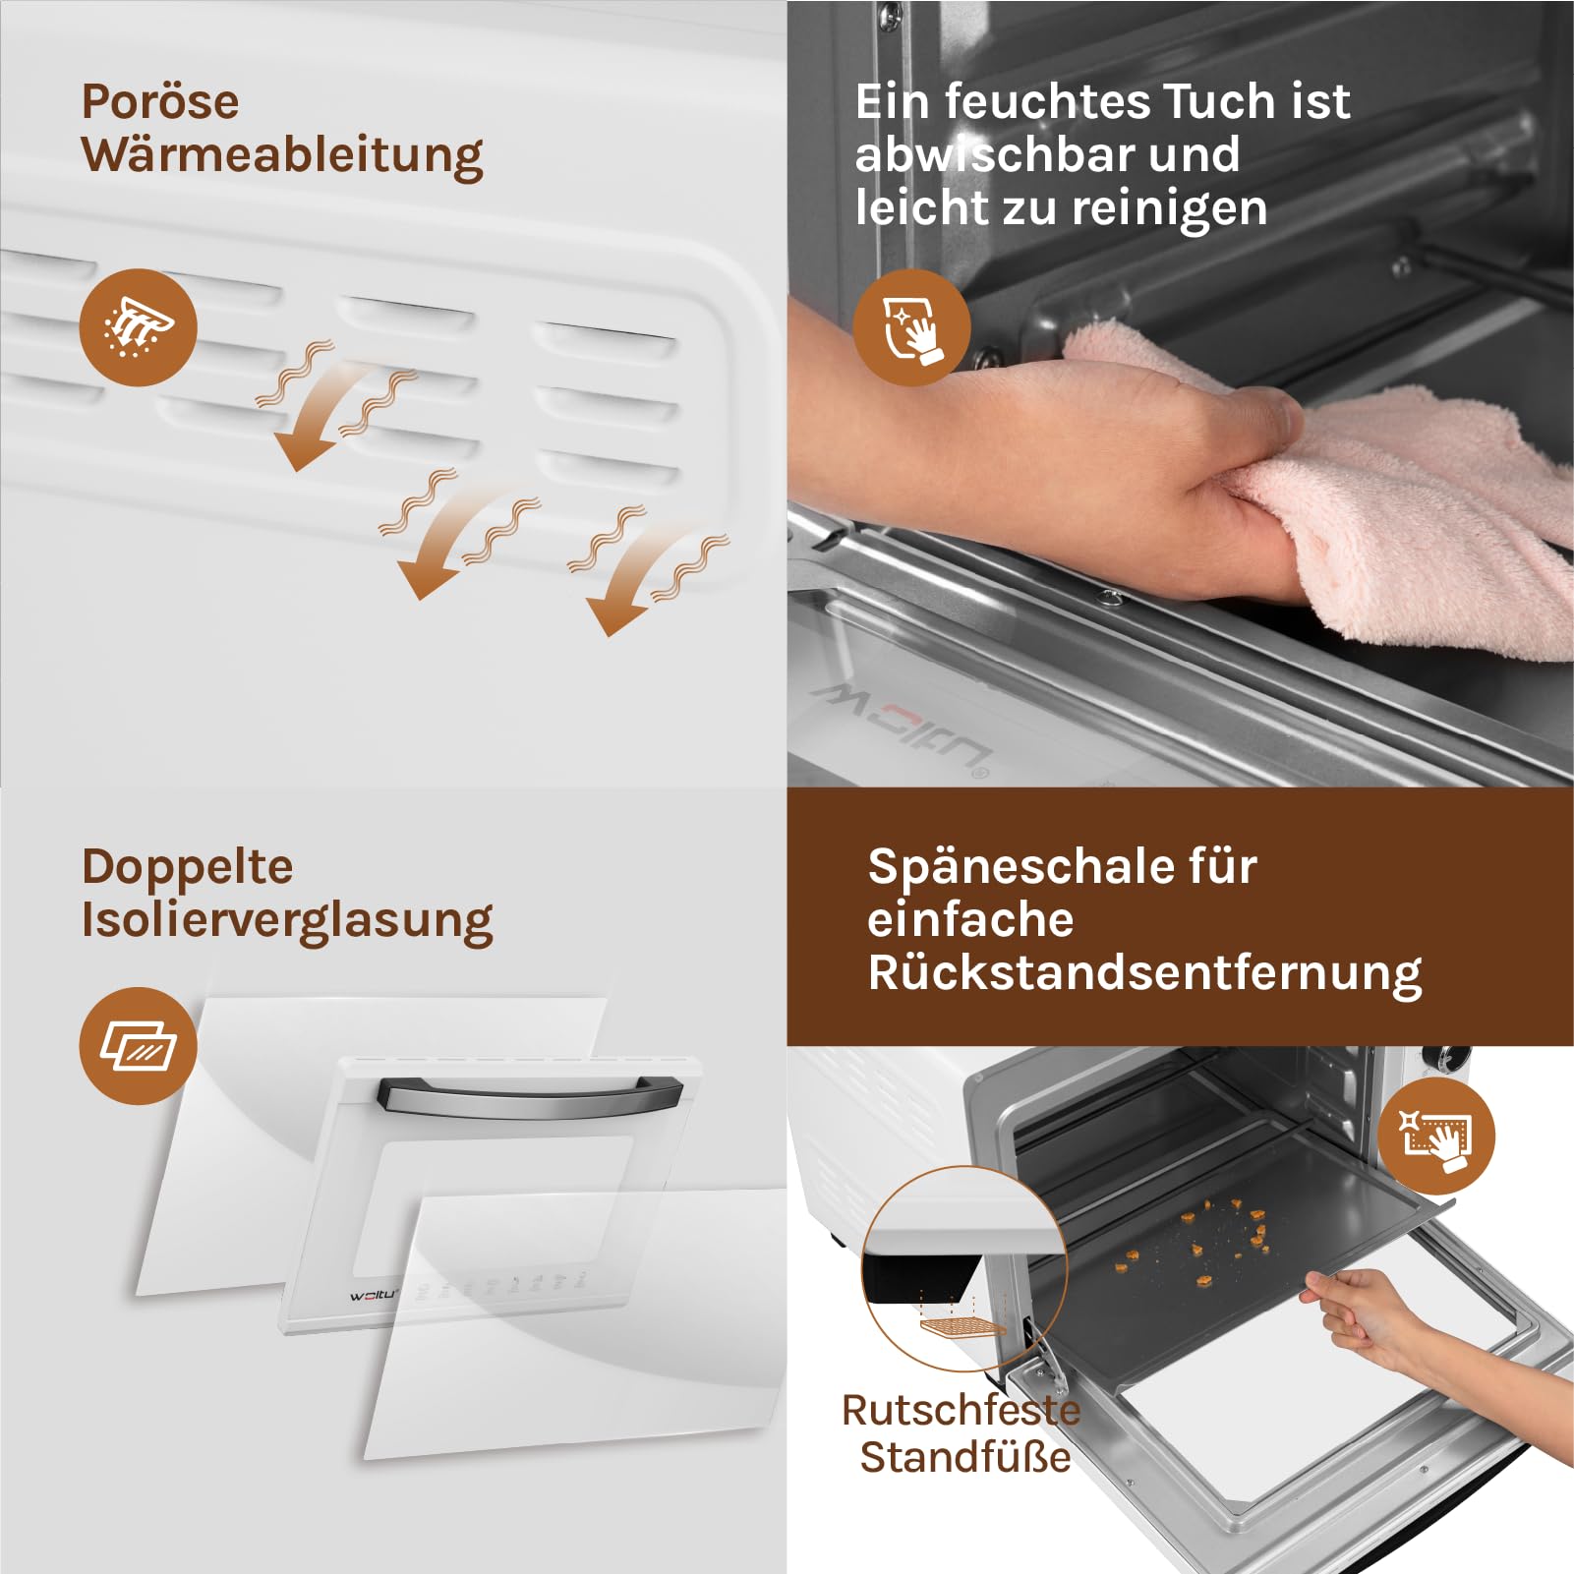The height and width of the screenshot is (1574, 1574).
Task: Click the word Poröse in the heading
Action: [160, 101]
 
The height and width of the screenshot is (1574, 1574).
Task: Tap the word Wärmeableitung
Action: [282, 156]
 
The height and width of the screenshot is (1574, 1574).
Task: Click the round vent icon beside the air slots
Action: [138, 327]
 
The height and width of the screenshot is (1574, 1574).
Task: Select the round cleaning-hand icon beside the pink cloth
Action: [911, 327]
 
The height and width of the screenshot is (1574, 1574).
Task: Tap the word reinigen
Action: [1169, 208]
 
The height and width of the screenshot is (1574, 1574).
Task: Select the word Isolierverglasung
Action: [287, 921]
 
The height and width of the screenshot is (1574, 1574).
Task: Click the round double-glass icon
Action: [138, 1046]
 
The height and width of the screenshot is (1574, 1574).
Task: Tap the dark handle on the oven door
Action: [530, 1094]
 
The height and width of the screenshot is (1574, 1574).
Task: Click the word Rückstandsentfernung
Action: [1144, 974]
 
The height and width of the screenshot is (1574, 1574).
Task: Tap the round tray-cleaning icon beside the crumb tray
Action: [1435, 1137]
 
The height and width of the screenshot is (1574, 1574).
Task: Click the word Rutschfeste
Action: [961, 1411]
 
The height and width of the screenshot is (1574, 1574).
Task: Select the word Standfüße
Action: [965, 1457]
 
